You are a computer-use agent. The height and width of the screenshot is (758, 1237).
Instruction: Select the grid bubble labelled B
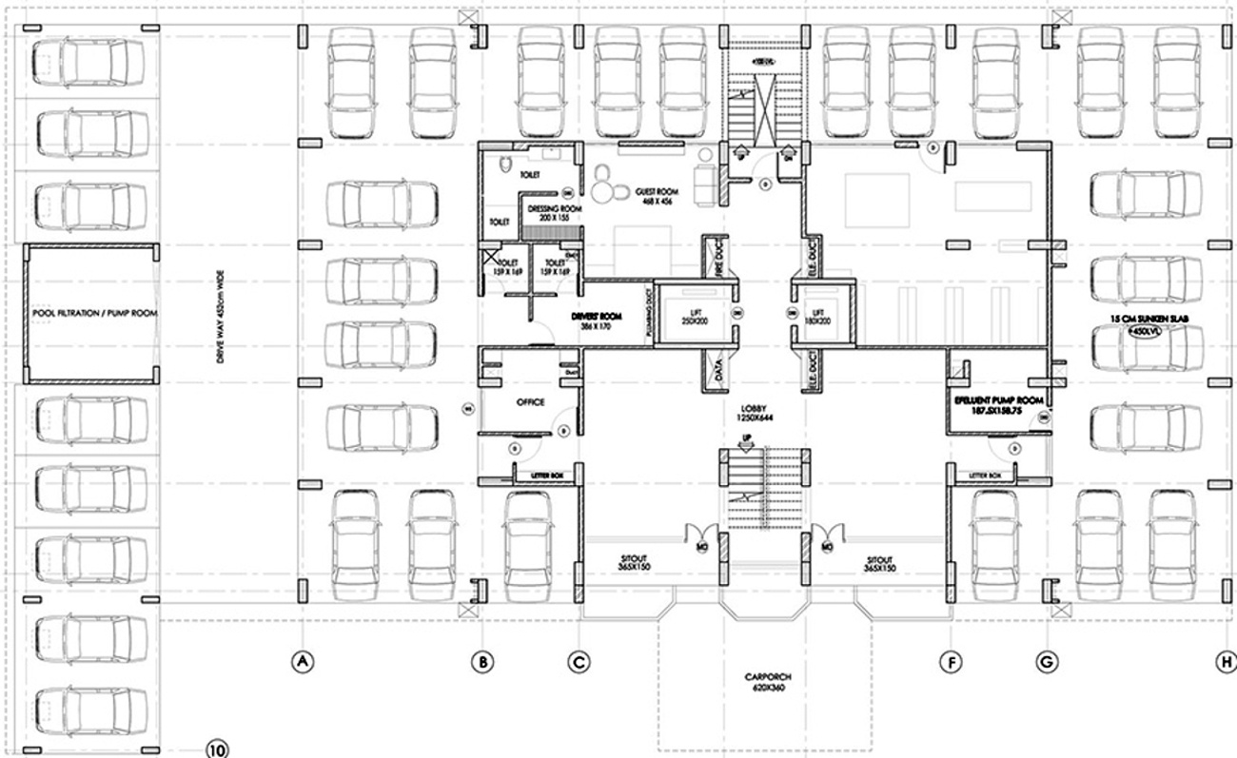pos(483,660)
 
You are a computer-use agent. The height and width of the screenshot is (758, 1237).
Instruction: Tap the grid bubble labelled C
pos(578,660)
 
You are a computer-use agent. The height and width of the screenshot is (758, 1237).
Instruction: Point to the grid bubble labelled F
pos(951,660)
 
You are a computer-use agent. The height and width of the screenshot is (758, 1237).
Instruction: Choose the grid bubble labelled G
pos(1046,660)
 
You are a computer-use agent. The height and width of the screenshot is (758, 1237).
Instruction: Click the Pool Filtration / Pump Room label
pos(92,313)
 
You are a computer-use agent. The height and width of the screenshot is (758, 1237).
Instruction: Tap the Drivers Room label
pos(596,320)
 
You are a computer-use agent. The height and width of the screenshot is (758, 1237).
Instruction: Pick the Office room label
pos(530,402)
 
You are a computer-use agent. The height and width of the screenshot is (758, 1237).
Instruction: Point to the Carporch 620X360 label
pos(768,682)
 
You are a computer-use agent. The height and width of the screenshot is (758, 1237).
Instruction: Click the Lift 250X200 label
pos(696,317)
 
